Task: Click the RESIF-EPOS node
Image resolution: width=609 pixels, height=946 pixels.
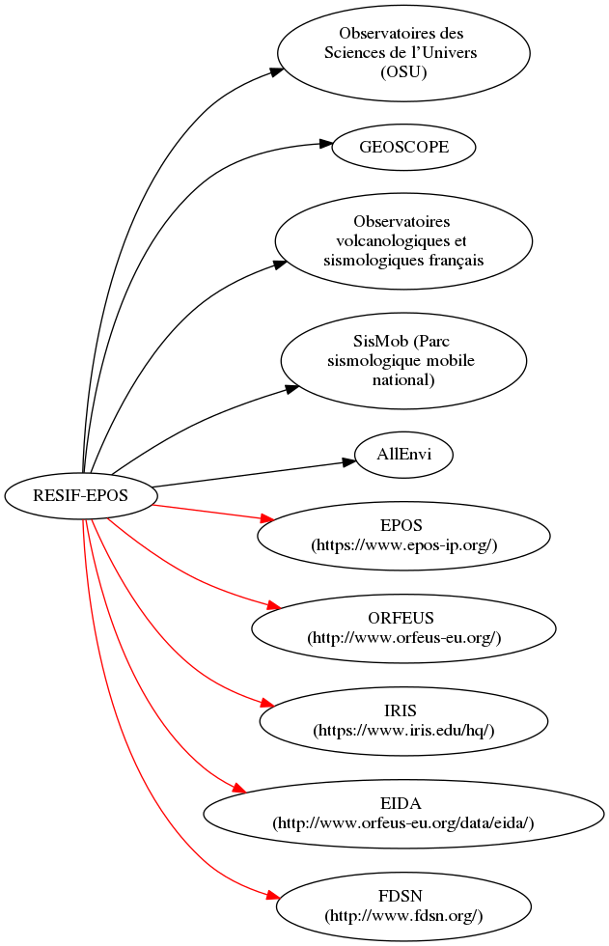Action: coord(80,496)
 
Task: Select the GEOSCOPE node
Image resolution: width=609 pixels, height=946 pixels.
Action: coord(403,149)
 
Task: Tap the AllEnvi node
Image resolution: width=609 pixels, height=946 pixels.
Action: coord(403,454)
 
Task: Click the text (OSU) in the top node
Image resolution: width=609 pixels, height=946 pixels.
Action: coord(403,70)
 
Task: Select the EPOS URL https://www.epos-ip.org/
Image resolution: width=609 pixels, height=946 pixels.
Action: coord(403,545)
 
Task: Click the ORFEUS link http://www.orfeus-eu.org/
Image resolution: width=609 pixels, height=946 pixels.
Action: coord(403,638)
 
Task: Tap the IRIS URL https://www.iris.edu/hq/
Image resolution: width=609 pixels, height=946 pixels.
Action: coord(403,731)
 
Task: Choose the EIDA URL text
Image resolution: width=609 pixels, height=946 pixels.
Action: coord(403,822)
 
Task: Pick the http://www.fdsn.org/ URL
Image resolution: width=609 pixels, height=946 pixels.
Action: coord(403,915)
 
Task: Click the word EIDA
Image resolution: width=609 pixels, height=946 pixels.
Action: coord(403,804)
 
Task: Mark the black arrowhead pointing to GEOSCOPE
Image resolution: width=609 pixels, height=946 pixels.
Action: coord(325,145)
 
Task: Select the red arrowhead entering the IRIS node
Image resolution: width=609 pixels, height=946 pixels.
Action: coord(273,704)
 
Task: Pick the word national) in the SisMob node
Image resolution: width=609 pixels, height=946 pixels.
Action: coord(403,379)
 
